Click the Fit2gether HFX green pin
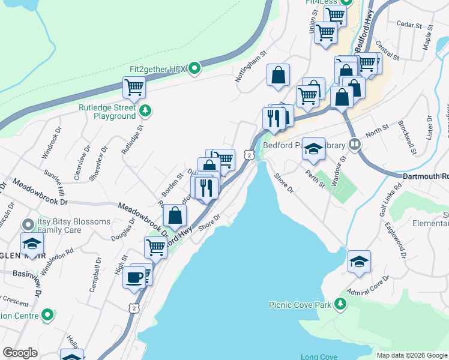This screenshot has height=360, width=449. click(194, 68)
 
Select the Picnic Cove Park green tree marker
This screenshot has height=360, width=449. click(341, 304)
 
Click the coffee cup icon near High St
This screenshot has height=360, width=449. click(134, 277)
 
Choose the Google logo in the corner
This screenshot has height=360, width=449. click(20, 353)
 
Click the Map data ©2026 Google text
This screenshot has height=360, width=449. click(411, 355)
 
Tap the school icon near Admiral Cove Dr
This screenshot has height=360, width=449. click(359, 261)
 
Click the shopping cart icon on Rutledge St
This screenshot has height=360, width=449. click(134, 87)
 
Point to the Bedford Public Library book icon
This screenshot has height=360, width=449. click(355, 145)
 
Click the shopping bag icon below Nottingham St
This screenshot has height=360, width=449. click(278, 75)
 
